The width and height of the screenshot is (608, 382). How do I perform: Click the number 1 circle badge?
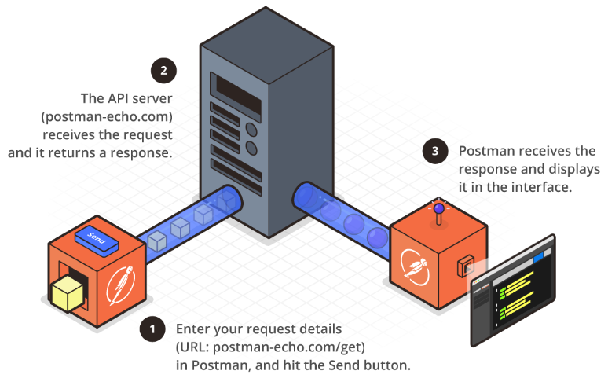click(x=152, y=329)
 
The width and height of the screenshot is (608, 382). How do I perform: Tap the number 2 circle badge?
click(x=163, y=71)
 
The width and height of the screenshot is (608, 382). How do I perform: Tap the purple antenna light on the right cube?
click(x=438, y=209)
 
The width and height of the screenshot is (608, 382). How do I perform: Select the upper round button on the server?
click(x=251, y=129)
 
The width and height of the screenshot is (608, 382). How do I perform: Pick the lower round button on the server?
click(x=251, y=148)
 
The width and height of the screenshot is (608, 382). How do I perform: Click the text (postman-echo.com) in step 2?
click(x=107, y=117)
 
